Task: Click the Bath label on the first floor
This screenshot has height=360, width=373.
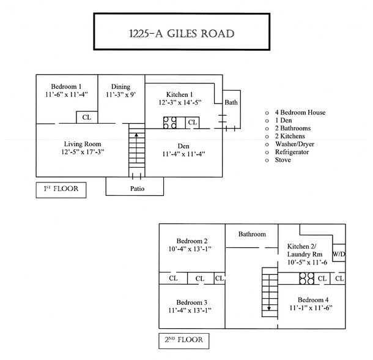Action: click(231, 102)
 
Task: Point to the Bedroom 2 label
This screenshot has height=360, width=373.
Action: click(193, 241)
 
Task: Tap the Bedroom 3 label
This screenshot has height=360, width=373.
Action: click(193, 302)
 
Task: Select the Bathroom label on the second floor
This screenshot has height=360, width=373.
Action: click(252, 234)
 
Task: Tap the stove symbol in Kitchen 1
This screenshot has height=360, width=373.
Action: click(169, 122)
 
